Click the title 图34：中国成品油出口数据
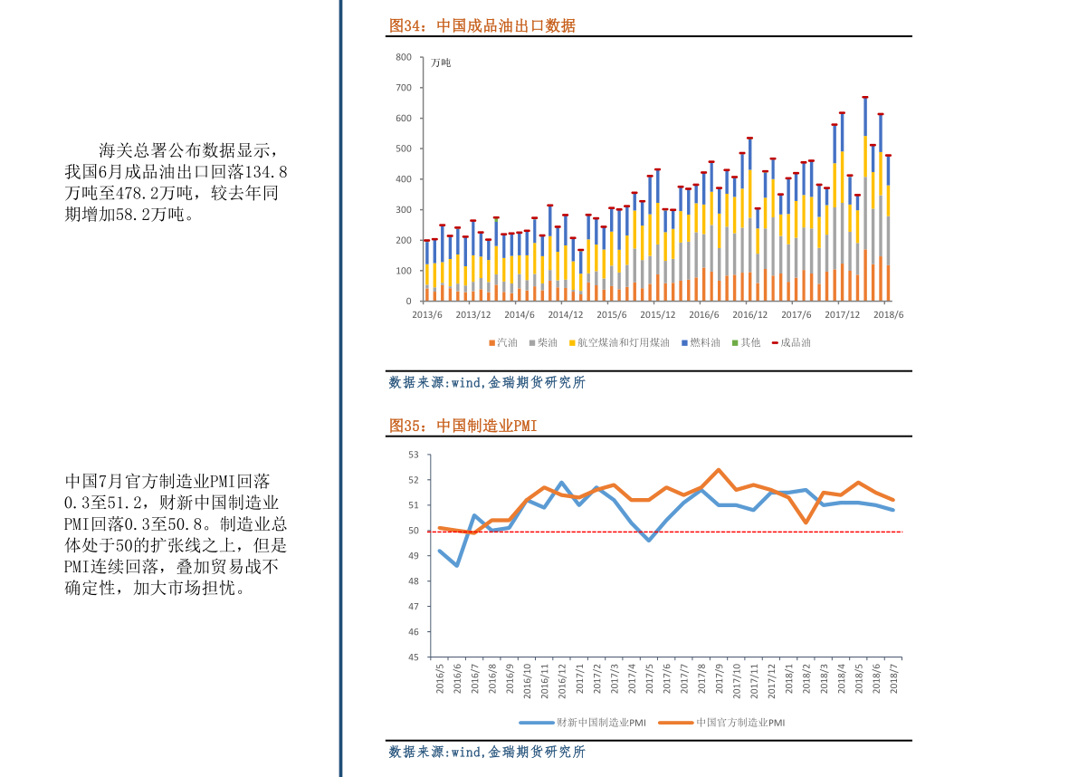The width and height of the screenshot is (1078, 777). (482, 25)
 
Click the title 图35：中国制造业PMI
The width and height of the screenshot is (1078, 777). (463, 426)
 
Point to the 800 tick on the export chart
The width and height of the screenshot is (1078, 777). (404, 57)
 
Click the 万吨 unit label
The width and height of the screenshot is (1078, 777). (441, 62)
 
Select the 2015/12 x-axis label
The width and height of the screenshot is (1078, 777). (658, 314)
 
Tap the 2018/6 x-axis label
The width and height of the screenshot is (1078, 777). (888, 314)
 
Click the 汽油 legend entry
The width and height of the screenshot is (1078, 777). (503, 342)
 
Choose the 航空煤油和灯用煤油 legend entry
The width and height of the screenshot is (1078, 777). (619, 342)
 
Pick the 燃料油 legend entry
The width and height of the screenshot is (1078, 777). (701, 342)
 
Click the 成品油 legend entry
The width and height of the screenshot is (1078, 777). (791, 342)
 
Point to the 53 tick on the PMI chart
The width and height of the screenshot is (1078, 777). (413, 455)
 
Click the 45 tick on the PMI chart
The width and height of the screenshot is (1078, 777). (413, 657)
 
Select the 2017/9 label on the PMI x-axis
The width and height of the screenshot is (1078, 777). (720, 678)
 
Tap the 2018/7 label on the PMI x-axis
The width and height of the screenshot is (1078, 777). (893, 678)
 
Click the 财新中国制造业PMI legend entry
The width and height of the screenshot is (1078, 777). (582, 723)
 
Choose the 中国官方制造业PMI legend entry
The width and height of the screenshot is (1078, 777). (721, 723)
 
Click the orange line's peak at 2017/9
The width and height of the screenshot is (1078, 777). (719, 470)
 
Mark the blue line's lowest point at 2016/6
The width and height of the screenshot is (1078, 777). (457, 565)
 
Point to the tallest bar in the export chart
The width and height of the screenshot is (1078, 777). (865, 199)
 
